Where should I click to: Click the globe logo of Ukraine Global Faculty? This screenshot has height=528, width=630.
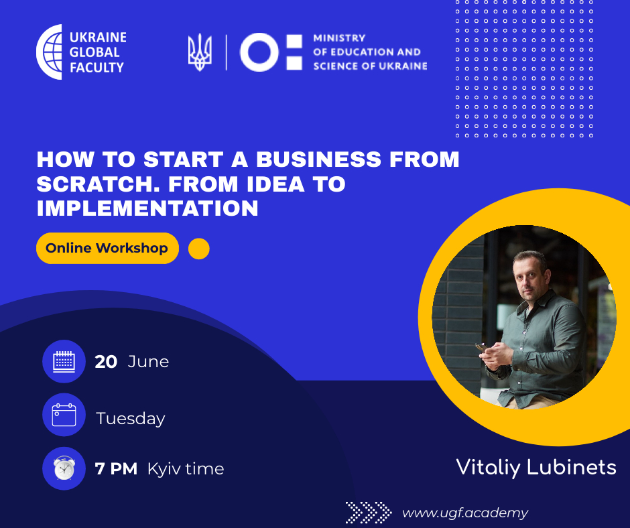(50, 52)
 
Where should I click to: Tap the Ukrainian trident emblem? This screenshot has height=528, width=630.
(200, 52)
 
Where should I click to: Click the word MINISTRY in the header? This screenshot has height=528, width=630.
(339, 38)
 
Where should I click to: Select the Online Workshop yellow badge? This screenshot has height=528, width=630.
(107, 249)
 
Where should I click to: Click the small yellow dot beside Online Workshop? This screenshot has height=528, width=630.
(199, 249)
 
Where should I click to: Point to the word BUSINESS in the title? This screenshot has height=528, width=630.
(318, 159)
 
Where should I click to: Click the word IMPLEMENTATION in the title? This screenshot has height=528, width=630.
(147, 208)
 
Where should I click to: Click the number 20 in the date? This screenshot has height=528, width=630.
(106, 362)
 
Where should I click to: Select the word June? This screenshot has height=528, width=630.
(148, 362)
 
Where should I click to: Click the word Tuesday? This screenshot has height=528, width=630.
(131, 419)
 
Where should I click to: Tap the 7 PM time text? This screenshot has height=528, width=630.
(116, 468)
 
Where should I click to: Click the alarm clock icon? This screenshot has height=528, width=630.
(64, 468)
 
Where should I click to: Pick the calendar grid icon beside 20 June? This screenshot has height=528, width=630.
(64, 361)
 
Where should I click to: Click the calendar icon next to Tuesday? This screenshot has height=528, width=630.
(64, 415)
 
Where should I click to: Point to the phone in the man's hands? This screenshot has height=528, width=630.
(482, 347)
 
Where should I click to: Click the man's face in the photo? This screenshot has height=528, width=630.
(531, 278)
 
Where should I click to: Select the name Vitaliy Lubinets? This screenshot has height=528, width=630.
(536, 467)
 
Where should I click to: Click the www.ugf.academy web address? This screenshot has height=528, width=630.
(465, 513)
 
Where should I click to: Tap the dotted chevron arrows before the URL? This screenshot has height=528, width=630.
(369, 513)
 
